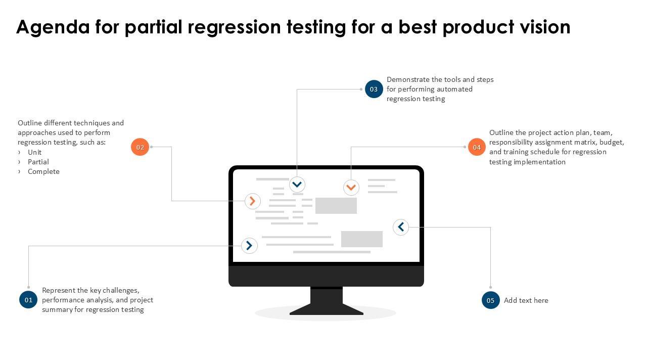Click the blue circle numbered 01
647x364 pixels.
(x=28, y=300)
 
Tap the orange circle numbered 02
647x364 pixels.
(x=140, y=147)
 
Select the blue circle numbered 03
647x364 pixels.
(x=374, y=89)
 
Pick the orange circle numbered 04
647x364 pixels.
(x=477, y=147)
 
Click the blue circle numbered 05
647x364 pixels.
(x=490, y=300)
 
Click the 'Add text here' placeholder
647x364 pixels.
(x=526, y=300)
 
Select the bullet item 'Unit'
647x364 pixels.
(x=35, y=152)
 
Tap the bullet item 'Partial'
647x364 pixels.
(x=38, y=162)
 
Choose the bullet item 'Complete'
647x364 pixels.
(x=43, y=171)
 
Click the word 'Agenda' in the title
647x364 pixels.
(x=53, y=27)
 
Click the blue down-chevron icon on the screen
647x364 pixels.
(x=297, y=185)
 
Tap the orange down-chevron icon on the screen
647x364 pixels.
(x=351, y=188)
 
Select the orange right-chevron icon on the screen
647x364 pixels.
(x=253, y=201)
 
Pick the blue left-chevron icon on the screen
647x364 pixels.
(x=401, y=227)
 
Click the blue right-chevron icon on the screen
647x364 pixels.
(x=249, y=246)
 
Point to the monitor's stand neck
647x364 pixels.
(x=326, y=296)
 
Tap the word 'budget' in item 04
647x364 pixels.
(x=612, y=142)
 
